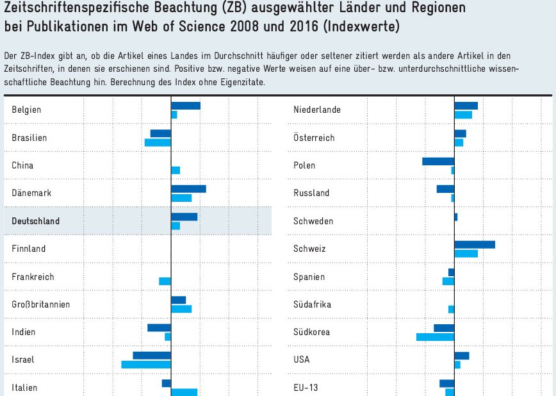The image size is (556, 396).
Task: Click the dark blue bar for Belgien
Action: [186, 106]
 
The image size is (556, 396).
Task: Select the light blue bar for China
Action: [176, 170]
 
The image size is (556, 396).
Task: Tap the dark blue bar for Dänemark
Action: [188, 189]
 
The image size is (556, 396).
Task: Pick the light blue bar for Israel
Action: [146, 365]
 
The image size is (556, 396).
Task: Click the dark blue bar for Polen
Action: [438, 161]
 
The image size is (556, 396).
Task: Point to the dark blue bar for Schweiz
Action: [475, 245]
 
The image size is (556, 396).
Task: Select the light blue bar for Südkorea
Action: [435, 337]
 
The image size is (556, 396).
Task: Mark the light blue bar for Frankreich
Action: [165, 281]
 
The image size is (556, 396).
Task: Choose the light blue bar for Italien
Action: [184, 392]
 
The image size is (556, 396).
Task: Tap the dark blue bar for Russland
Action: [445, 189]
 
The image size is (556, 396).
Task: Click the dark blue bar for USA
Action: [462, 356]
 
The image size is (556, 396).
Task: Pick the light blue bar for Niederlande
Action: [463, 115]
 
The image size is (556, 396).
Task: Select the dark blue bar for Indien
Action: [159, 328]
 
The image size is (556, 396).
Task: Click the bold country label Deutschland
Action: [36, 221]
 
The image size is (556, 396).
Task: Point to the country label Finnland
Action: [29, 249]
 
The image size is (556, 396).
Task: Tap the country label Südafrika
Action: [312, 304]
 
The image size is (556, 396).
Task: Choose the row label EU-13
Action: [306, 388]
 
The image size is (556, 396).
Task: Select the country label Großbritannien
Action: [41, 304]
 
